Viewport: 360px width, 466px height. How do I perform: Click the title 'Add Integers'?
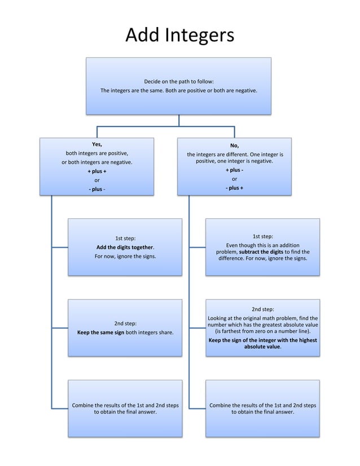click(x=179, y=35)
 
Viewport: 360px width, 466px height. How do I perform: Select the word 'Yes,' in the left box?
click(x=97, y=144)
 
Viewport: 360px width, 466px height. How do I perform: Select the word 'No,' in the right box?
click(x=235, y=146)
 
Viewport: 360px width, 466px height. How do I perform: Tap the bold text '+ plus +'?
click(x=97, y=171)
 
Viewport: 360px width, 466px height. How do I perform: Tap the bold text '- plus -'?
click(x=97, y=189)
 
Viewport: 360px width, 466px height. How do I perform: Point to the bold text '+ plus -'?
click(x=235, y=170)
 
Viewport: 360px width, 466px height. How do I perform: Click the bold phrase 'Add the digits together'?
click(x=125, y=247)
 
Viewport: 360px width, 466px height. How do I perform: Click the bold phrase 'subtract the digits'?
click(x=261, y=252)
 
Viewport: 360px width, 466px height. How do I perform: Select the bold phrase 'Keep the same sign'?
click(x=100, y=333)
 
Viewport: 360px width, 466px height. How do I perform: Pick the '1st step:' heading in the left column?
click(x=125, y=238)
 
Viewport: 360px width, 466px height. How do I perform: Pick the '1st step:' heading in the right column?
click(x=263, y=236)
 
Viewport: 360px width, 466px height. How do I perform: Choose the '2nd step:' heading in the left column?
click(x=125, y=323)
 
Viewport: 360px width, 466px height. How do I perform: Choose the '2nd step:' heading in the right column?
click(x=263, y=309)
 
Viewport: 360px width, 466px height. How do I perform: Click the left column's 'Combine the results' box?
click(x=125, y=408)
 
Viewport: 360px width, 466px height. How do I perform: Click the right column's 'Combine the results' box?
click(x=263, y=408)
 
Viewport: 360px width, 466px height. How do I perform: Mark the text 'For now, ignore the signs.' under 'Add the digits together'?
click(x=125, y=256)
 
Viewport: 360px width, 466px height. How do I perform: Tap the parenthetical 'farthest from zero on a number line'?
click(x=263, y=332)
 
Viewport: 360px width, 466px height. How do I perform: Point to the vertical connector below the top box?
click(x=179, y=120)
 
